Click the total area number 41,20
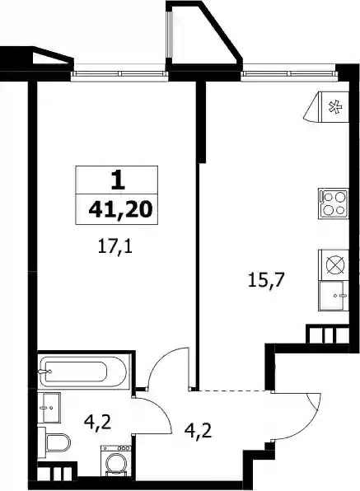(x=120, y=209)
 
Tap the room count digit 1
(x=118, y=181)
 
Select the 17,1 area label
(x=115, y=247)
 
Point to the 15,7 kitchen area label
(x=265, y=279)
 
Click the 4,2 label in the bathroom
(x=98, y=423)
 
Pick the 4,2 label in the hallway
(x=199, y=433)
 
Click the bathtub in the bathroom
(x=82, y=372)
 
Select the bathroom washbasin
(x=49, y=408)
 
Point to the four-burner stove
(x=334, y=203)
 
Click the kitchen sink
(x=333, y=295)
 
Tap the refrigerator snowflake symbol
(x=335, y=107)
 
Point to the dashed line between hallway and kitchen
(x=233, y=390)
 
